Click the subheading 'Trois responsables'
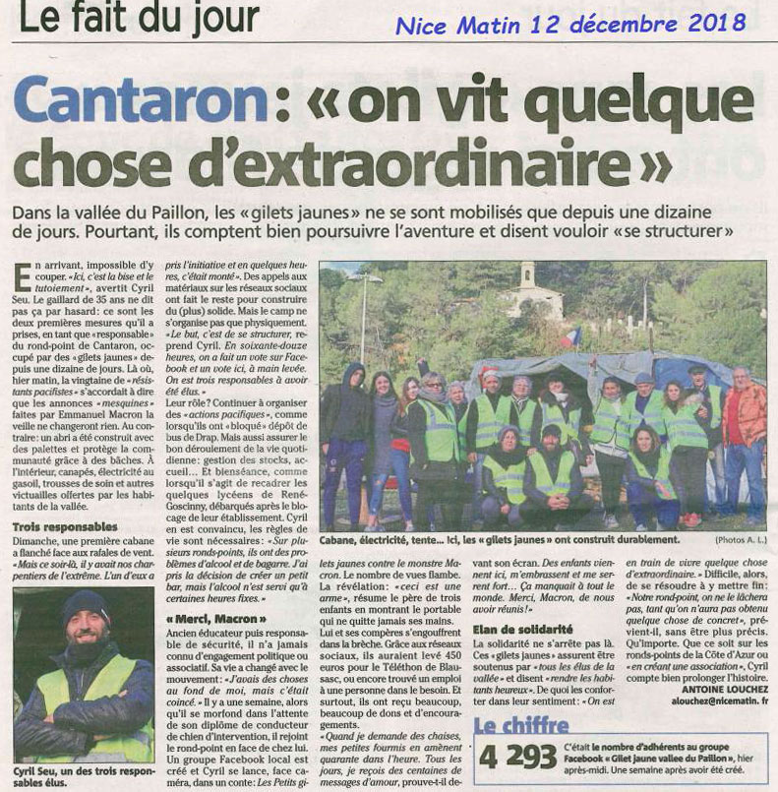coord(64,527)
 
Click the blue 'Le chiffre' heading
coord(521,728)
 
